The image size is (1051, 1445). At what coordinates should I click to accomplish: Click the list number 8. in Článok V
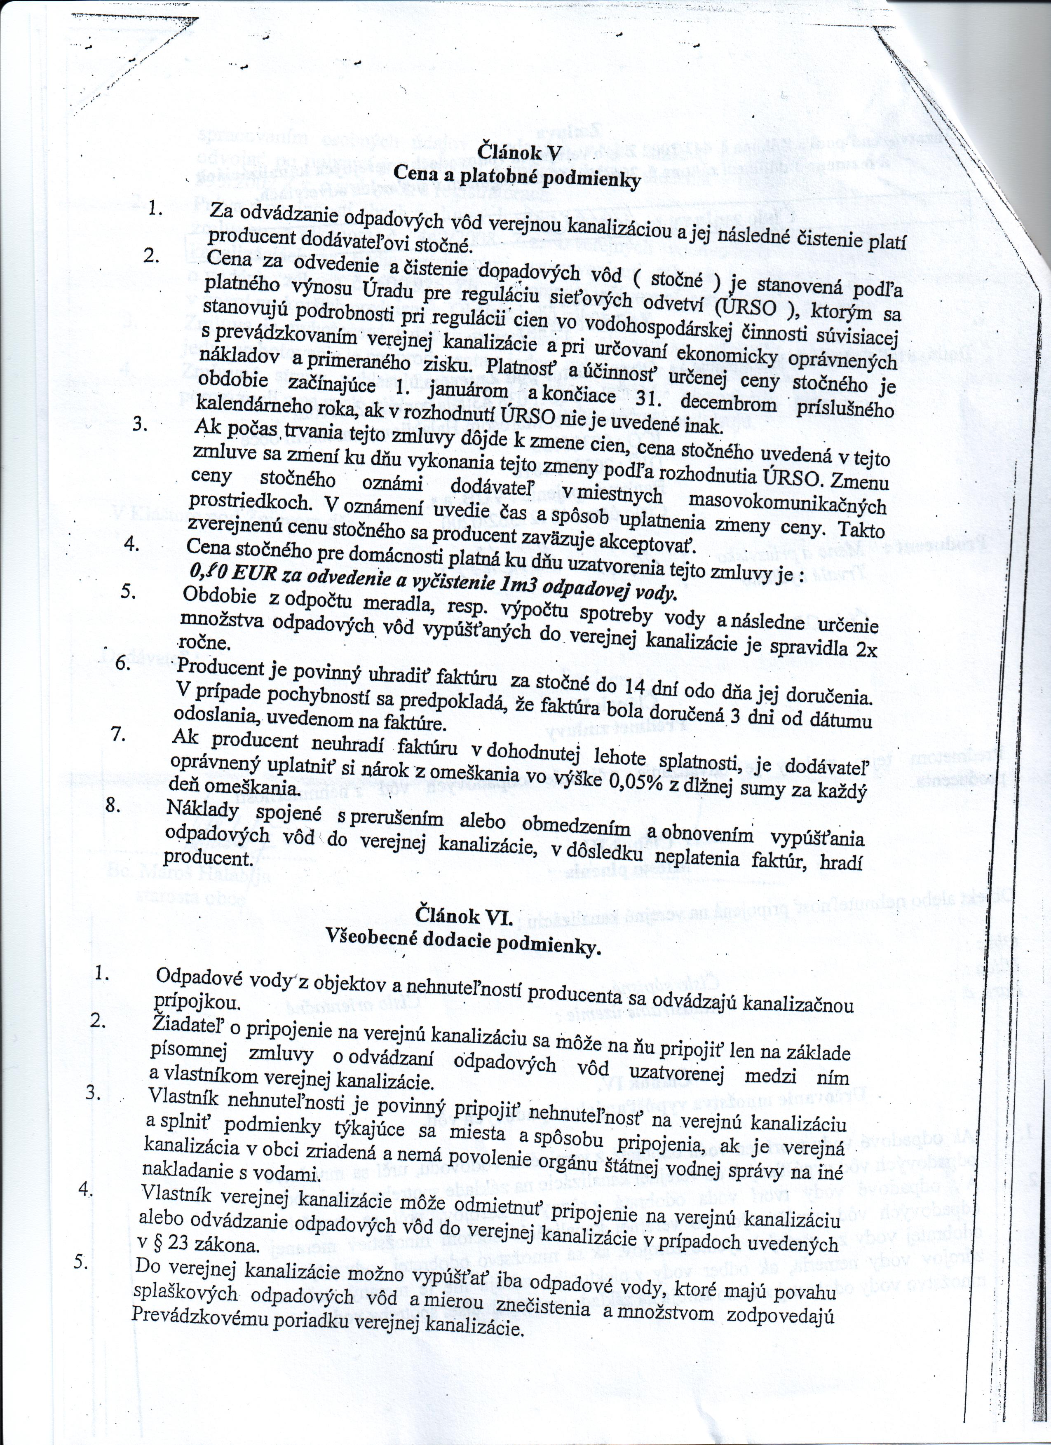(113, 804)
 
